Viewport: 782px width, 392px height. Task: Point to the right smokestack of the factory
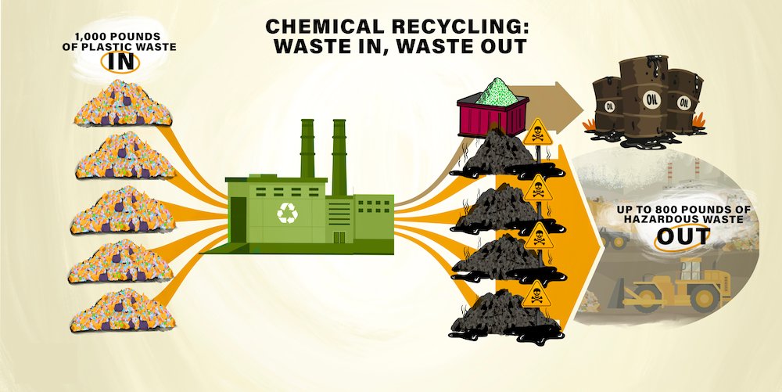click(x=339, y=156)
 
